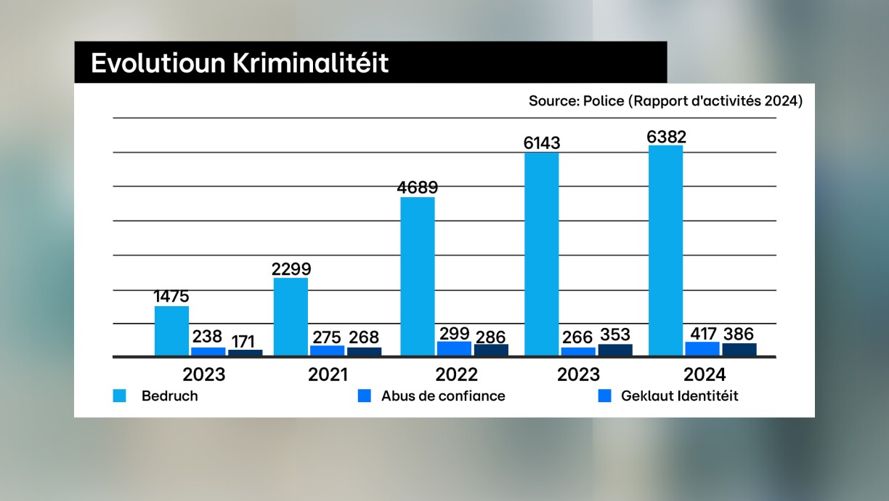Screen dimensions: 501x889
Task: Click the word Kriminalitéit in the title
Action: (x=310, y=63)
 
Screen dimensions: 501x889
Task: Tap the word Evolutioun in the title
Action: (x=158, y=63)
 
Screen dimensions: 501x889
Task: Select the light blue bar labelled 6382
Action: (x=665, y=251)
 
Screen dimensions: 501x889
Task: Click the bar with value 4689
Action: (x=418, y=276)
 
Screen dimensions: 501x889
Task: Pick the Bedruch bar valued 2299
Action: (x=291, y=317)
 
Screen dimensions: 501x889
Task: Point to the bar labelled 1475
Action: (x=171, y=331)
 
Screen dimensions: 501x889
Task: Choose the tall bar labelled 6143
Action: (x=542, y=254)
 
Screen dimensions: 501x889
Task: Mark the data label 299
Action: (x=454, y=334)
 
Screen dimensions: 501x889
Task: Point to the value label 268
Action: (x=364, y=338)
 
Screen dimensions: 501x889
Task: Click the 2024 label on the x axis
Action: (x=705, y=374)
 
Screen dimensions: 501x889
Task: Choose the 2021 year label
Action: (x=328, y=374)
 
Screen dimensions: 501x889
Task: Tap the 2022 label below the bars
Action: (x=456, y=374)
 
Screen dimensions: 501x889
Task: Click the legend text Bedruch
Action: (x=170, y=396)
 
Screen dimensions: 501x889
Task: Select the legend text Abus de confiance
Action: (x=443, y=396)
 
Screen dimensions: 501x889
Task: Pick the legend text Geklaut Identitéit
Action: (x=679, y=396)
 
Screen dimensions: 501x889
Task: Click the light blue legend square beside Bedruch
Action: (x=120, y=396)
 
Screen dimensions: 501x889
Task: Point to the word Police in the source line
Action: (x=604, y=101)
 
